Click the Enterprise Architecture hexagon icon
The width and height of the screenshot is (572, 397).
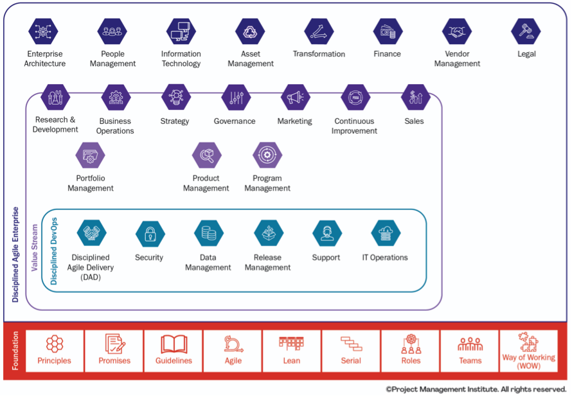coord(44,31)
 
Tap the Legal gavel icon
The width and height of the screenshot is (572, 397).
coord(526,31)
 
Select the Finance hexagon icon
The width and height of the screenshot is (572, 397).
coord(388,31)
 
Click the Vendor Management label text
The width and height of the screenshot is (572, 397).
coord(457,59)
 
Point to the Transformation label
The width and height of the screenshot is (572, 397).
coord(319,54)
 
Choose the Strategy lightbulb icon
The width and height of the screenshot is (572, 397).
coord(175,97)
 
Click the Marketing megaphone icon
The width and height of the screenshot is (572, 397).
coord(295,97)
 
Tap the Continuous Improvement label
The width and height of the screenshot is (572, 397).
coord(355,126)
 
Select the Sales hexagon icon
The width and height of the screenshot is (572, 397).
coord(415,97)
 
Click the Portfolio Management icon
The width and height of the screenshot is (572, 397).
coord(90,155)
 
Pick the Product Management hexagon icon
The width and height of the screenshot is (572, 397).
coord(206,155)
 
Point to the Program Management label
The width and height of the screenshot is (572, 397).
coord(267,183)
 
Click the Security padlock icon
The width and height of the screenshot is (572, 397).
coord(150,233)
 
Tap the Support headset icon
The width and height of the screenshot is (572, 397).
coord(326,233)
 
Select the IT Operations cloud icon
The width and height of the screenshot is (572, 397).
coord(386,233)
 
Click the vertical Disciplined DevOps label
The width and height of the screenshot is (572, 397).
coord(54,251)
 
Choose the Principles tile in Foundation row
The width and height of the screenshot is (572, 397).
coord(55,351)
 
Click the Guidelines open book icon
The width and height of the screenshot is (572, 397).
coord(174,344)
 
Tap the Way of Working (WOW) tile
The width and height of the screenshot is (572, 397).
coord(528,351)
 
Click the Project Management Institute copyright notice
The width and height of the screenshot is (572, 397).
coord(476,389)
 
